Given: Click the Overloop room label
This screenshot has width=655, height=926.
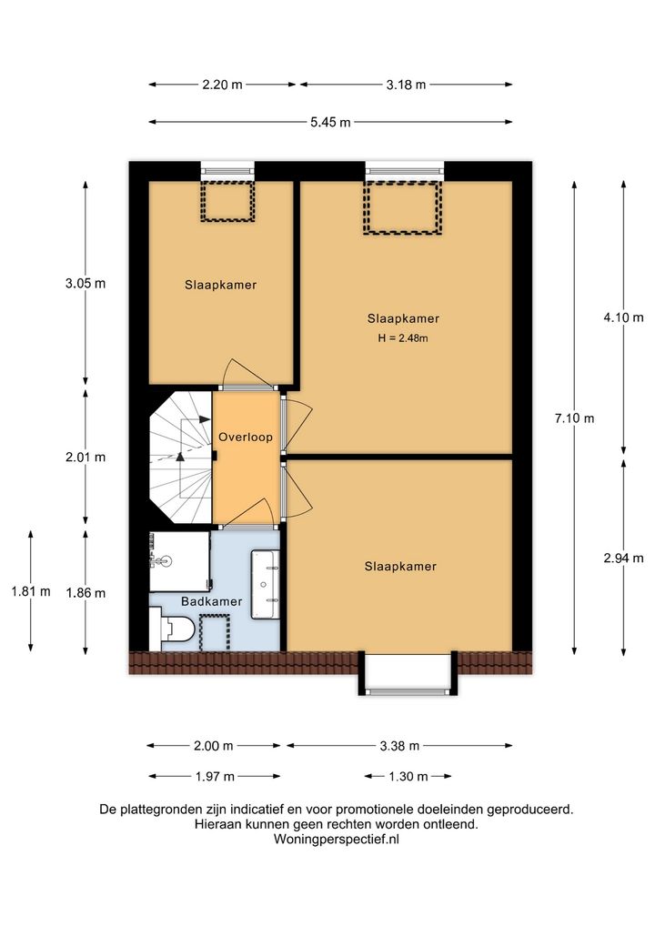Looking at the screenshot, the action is tap(245, 437).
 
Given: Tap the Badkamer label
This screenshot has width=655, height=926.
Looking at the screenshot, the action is tap(211, 601).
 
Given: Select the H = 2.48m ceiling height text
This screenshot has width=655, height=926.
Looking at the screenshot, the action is tap(403, 338).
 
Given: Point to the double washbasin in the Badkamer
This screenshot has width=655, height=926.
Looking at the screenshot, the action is tap(266, 585).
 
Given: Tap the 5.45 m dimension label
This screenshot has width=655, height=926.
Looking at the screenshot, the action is tap(330, 122).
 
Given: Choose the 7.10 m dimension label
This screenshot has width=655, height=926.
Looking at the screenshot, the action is tap(574, 418).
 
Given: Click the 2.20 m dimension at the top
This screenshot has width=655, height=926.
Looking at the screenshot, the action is tap(222, 85).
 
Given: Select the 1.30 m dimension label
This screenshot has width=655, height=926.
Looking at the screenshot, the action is tap(408, 776).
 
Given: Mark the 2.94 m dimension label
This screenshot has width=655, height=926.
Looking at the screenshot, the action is tap(624, 558).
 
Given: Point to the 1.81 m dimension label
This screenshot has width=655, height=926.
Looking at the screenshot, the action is tap(31, 591).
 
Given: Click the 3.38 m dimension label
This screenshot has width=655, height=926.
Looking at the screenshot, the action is tap(399, 746).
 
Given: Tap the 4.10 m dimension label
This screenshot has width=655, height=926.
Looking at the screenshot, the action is tap(624, 317).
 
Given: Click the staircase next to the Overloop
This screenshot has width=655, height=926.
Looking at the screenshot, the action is tap(180, 458).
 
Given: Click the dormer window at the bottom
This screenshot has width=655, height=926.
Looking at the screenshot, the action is tap(408, 673).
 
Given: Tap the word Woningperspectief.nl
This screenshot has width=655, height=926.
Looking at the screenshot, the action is tap(336, 839).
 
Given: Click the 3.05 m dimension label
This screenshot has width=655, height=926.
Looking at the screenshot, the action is tap(86, 283).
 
